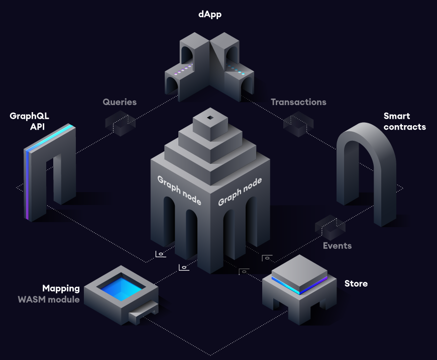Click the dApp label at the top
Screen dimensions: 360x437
click(x=209, y=15)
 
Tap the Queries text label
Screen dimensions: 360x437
click(x=120, y=102)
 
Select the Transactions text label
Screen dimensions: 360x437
click(x=298, y=102)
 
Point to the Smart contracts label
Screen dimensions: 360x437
click(x=404, y=122)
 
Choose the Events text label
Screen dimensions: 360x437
click(x=337, y=245)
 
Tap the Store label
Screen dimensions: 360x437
click(x=356, y=284)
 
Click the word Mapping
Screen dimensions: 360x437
click(x=61, y=289)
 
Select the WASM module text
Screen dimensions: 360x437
click(x=49, y=300)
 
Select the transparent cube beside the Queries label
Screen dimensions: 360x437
click(x=121, y=124)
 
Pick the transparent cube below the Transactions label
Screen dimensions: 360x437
click(x=298, y=124)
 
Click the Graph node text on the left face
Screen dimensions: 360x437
click(x=179, y=191)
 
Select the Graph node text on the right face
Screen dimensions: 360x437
click(x=240, y=191)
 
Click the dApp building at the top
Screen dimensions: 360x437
click(x=210, y=65)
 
